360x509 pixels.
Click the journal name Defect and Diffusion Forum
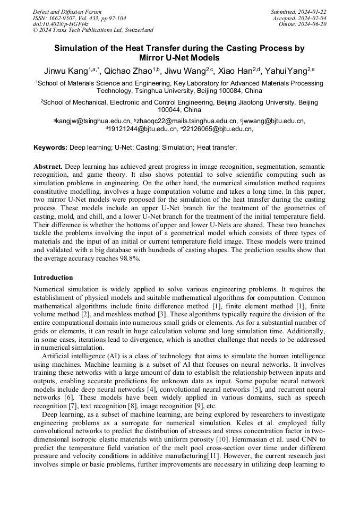[67, 12]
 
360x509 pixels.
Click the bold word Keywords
[50, 147]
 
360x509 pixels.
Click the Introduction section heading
[53, 278]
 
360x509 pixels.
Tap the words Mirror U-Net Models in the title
[179, 57]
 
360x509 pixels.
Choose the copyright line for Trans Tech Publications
[93, 30]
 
